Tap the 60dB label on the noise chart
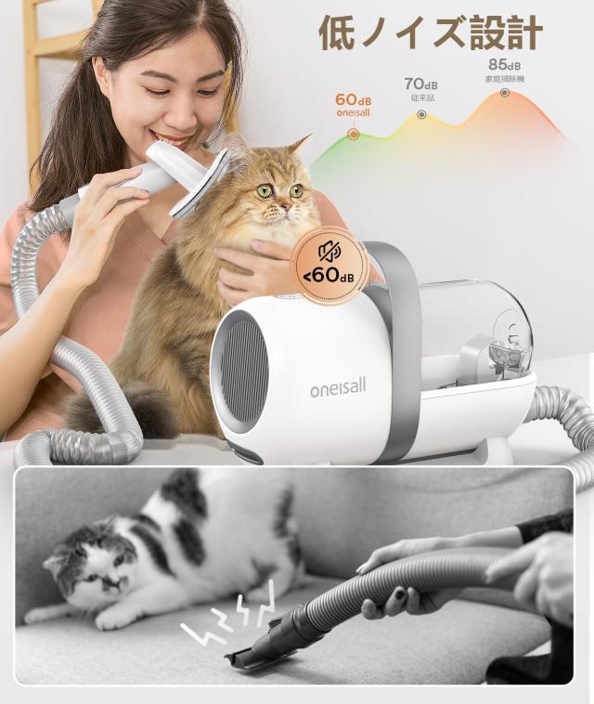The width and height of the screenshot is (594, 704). point(353,99)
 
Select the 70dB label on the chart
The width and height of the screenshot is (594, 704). point(420,85)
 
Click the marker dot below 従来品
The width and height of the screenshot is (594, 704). point(421,114)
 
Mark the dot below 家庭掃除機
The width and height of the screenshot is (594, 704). point(505,93)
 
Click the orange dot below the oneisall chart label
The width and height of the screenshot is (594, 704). point(353,134)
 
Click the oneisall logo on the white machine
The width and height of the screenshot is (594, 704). point(338,387)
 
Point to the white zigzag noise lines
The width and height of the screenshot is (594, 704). point(231,618)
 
